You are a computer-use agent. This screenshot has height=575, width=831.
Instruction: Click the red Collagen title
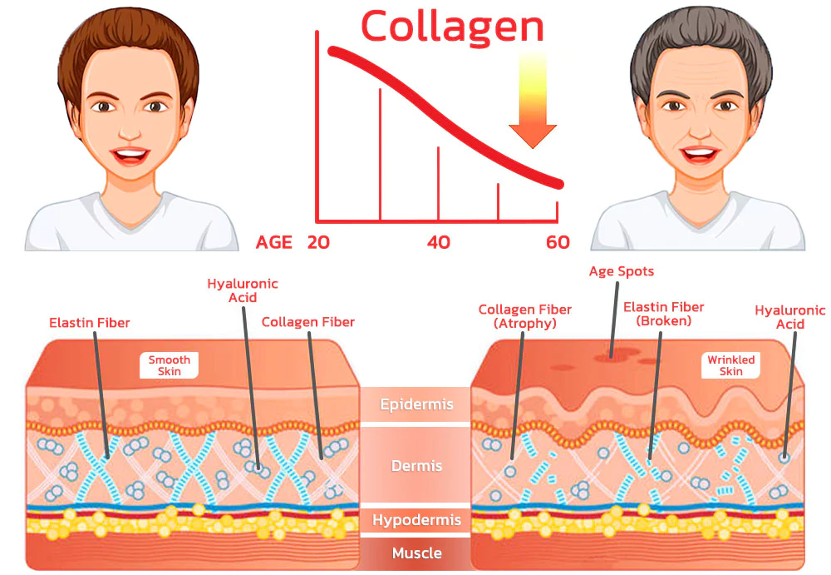(x=452, y=27)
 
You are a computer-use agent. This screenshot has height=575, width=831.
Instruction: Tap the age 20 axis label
(x=319, y=242)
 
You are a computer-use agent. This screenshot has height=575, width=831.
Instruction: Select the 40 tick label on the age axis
(x=438, y=242)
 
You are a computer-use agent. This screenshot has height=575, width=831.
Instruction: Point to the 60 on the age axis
(x=558, y=242)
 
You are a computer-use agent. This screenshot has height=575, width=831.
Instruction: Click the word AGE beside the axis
(x=274, y=242)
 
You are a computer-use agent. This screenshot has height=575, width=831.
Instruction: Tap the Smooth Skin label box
(x=170, y=365)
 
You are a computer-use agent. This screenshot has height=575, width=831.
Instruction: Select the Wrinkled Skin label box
(x=730, y=365)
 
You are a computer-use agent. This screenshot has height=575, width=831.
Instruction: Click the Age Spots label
(x=621, y=271)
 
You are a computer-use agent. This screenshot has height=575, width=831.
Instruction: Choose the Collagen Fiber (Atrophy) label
(x=524, y=316)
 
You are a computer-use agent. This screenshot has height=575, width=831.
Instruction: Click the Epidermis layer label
(x=416, y=405)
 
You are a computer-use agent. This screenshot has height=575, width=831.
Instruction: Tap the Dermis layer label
(x=416, y=466)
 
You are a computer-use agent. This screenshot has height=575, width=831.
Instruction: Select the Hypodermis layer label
(x=416, y=521)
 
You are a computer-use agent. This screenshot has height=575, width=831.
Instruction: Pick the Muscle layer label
(x=416, y=553)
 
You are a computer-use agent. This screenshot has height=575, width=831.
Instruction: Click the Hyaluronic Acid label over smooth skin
(x=243, y=290)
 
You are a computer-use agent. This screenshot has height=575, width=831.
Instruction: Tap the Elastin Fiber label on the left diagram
(x=90, y=322)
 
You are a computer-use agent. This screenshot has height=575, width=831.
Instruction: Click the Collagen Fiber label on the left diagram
(x=307, y=322)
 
